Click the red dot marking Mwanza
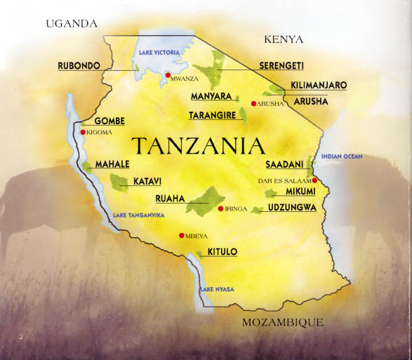tap(168, 74)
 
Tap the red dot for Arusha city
tap(253, 103)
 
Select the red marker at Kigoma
tap(83, 132)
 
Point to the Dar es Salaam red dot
tap(315, 180)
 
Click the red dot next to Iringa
tap(220, 209)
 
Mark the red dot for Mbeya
tap(182, 235)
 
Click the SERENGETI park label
tap(281, 65)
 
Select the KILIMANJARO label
tap(319, 85)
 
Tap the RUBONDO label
tap(79, 65)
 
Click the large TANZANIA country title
tap(199, 146)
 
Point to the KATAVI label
tap(147, 181)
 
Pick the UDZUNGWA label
tap(293, 208)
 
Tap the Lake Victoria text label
tap(159, 53)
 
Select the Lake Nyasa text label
tap(217, 289)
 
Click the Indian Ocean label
tap(342, 156)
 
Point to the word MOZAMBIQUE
tap(282, 323)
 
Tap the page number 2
tap(21, 337)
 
